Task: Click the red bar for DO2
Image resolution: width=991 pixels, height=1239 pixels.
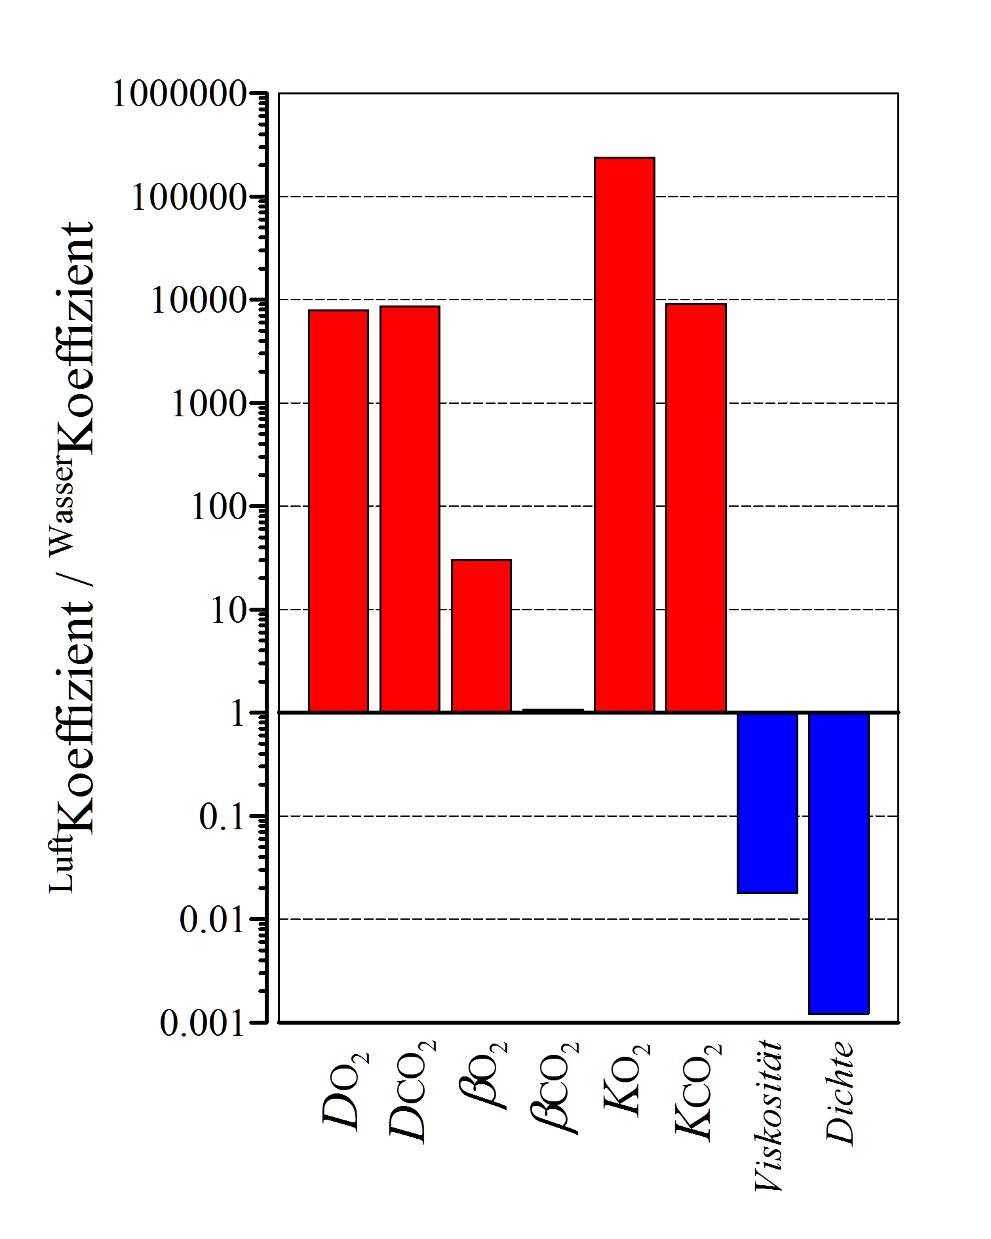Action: tap(338, 511)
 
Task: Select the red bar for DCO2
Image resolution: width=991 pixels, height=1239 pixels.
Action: tap(410, 509)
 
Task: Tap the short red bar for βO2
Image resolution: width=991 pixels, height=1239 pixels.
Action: tap(481, 635)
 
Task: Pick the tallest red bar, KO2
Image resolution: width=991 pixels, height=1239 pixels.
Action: tap(624, 434)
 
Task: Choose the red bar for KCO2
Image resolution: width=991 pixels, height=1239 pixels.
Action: tap(695, 507)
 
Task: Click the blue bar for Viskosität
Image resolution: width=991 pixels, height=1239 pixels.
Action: tap(767, 803)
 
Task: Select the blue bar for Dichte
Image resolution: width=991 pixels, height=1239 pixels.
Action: tap(838, 863)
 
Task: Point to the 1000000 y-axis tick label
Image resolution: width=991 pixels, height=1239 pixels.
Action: tap(180, 94)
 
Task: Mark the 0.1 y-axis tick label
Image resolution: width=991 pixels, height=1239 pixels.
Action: tap(223, 817)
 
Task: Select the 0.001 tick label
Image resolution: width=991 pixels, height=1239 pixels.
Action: tap(203, 1023)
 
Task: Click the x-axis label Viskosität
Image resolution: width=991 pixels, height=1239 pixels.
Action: tap(769, 1114)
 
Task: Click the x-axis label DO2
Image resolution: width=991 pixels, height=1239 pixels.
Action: tap(346, 1091)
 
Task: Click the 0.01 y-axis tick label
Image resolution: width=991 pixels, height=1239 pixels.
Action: tap(213, 920)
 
